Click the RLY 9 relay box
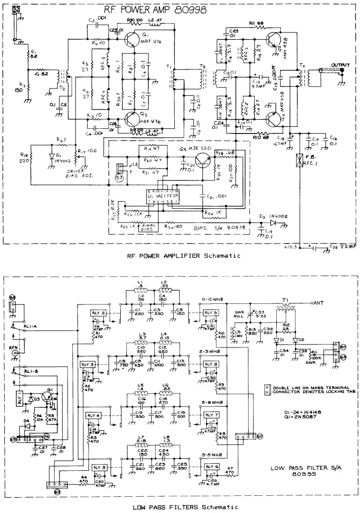coord(211,313)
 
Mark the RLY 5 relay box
coord(99,467)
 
